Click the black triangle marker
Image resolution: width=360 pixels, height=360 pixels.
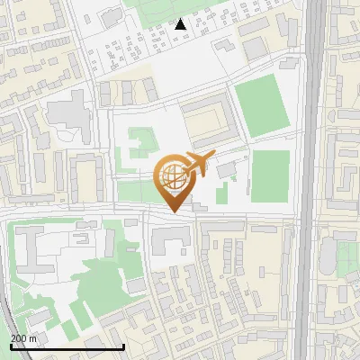click(181, 24)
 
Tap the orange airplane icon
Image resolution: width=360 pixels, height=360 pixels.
click(200, 163)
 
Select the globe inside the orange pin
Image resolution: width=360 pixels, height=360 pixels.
click(172, 176)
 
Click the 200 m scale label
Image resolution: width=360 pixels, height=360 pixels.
click(23, 338)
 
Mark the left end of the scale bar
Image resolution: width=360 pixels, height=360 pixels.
click(10, 346)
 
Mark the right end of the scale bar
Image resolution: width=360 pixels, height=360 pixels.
click(123, 346)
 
